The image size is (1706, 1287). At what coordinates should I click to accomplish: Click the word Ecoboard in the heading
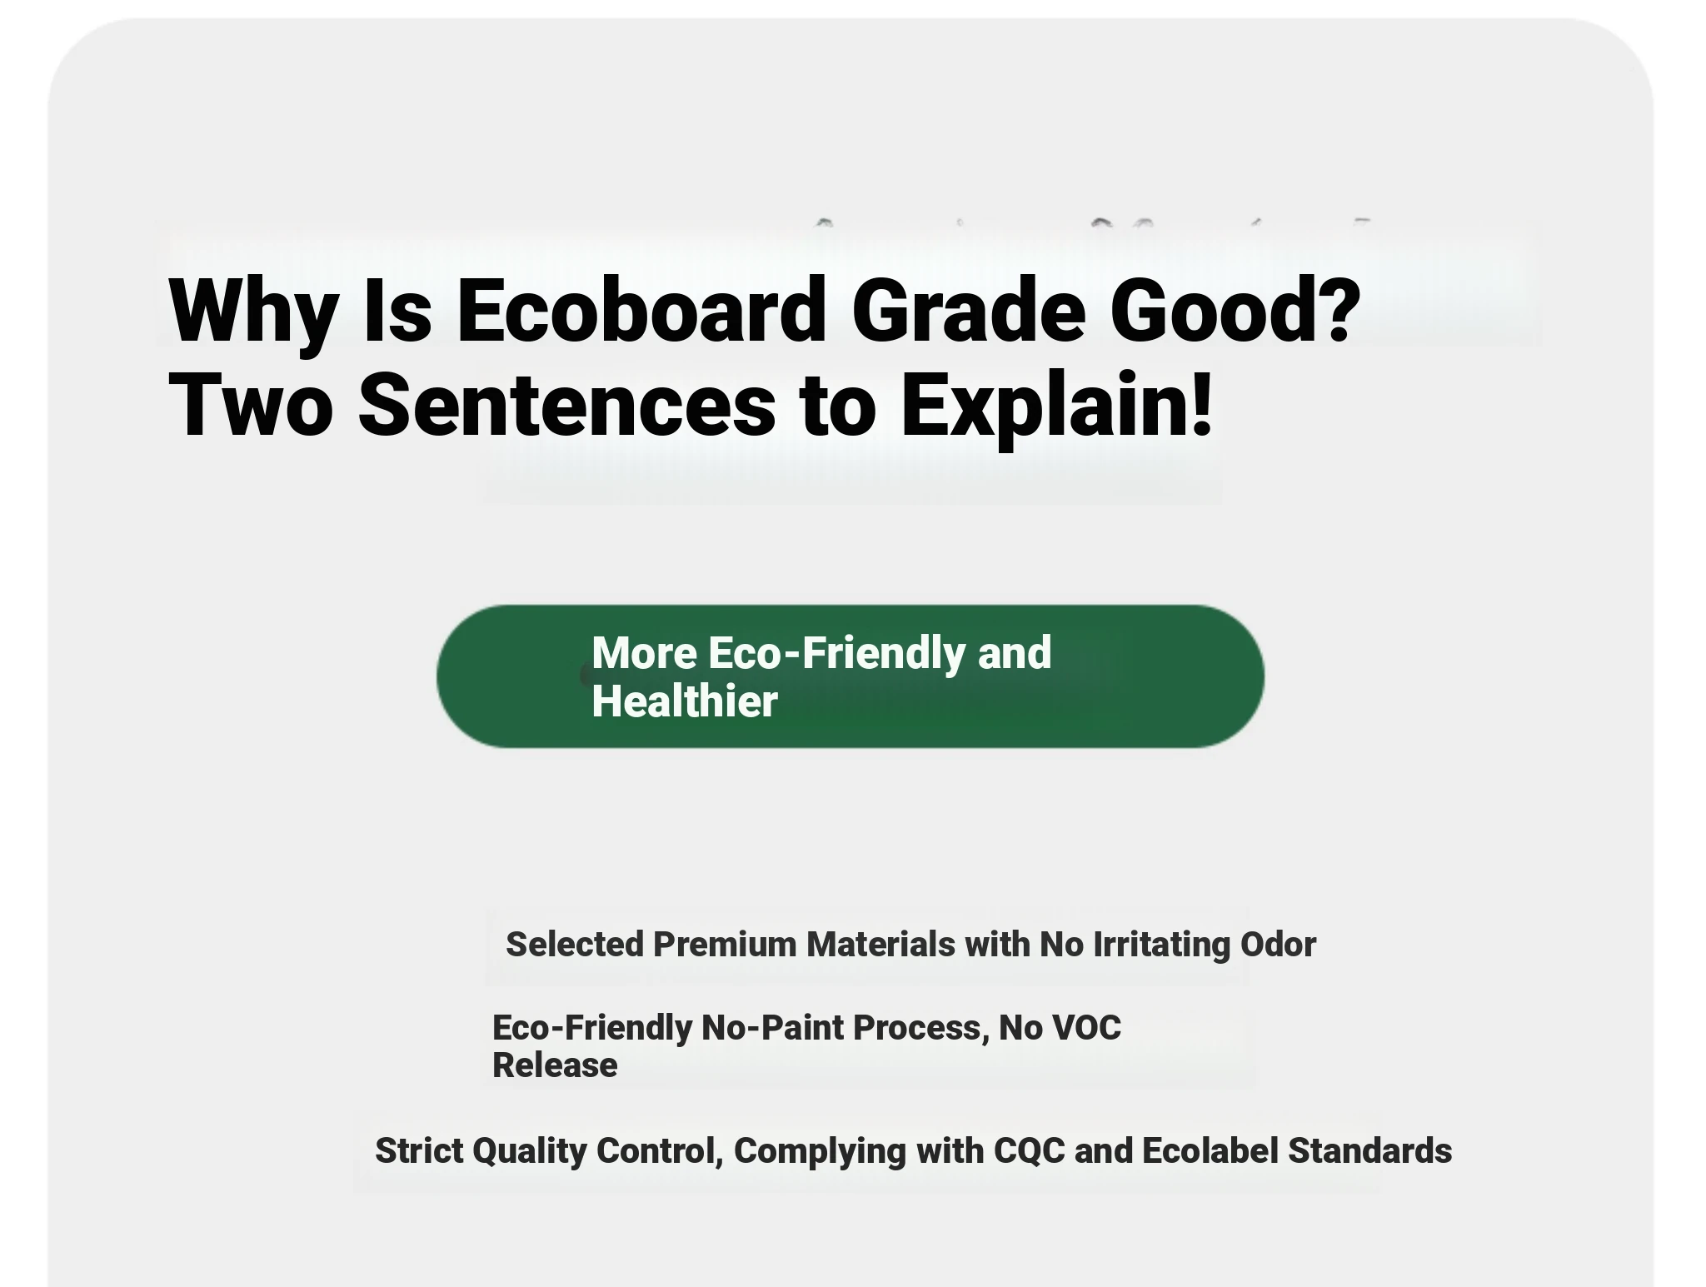click(641, 309)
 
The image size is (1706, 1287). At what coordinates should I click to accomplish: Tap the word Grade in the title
click(969, 309)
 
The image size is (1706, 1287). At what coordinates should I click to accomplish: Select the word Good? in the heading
click(1235, 309)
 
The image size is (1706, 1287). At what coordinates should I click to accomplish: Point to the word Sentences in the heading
click(566, 405)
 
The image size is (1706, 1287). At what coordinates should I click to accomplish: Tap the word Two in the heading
click(251, 405)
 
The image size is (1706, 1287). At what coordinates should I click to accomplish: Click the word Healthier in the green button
click(684, 701)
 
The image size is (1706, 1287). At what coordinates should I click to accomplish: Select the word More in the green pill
click(644, 652)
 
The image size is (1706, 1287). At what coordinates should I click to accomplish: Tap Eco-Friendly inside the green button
click(836, 652)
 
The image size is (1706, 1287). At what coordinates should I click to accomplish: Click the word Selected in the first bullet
click(575, 945)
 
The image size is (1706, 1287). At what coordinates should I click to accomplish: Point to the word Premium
click(726, 945)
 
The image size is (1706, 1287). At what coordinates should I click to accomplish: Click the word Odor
click(1278, 945)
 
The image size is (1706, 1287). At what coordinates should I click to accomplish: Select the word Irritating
click(1161, 945)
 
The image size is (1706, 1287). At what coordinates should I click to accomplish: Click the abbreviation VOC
click(1087, 1028)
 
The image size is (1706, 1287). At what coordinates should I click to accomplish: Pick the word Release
click(555, 1065)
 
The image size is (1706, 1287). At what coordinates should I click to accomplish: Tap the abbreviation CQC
click(1030, 1150)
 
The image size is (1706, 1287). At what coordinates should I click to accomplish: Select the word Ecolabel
click(1210, 1150)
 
